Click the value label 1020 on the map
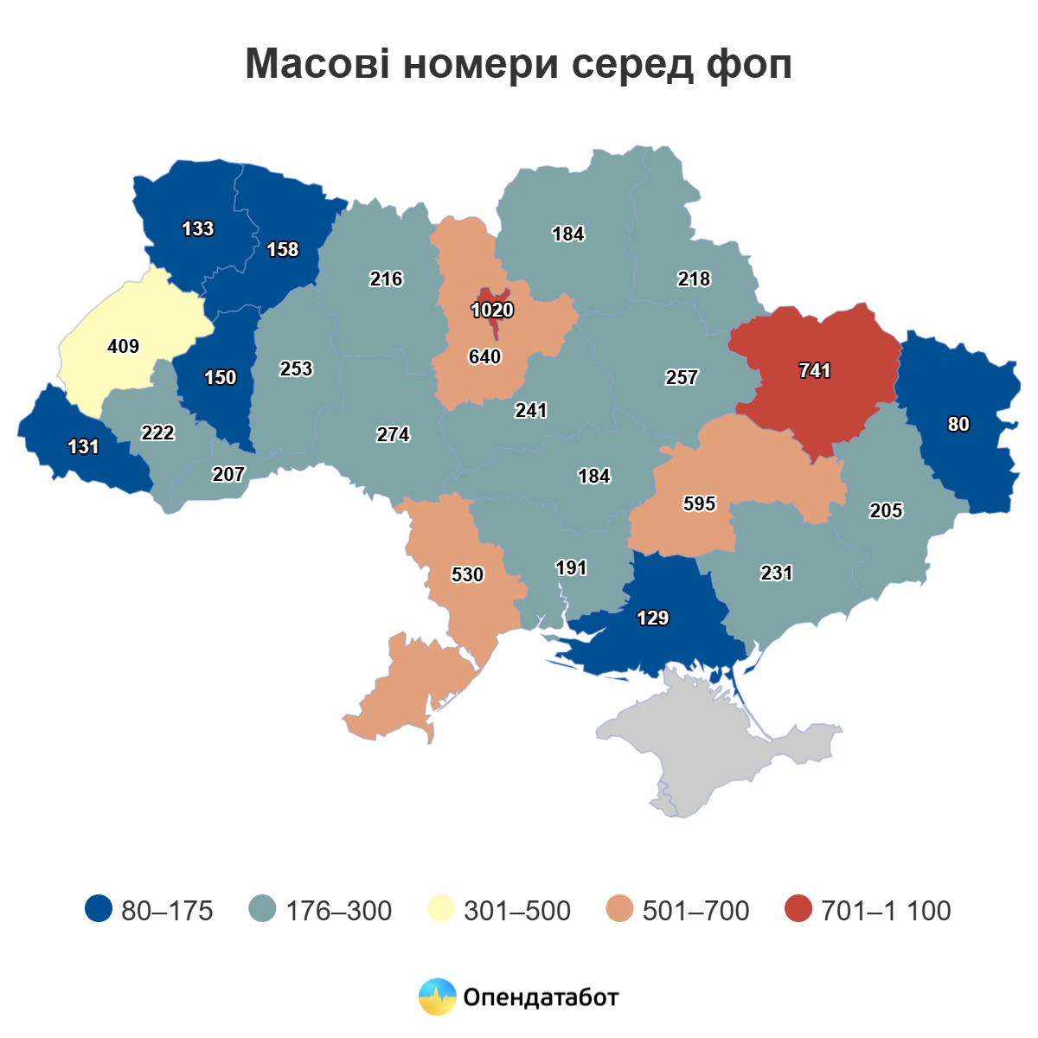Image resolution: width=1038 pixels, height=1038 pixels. point(492,311)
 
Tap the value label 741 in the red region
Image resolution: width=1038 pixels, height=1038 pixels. point(815,371)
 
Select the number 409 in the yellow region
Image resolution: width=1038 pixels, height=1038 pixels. point(124,346)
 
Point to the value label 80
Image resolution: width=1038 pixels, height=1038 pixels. point(958,424)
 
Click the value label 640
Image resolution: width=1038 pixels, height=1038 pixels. point(484,356)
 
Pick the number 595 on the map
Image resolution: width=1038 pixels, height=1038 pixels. point(699,503)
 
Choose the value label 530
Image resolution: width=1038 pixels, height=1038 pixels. point(468,574)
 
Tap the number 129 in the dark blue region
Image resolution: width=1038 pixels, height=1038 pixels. point(652,618)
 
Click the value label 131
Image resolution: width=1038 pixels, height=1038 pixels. point(84,446)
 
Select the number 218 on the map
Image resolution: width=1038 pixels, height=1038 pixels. point(694,279)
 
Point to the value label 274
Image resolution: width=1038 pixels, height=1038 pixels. point(393,434)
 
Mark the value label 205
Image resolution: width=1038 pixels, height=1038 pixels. point(886,510)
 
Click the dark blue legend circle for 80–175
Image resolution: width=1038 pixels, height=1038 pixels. point(99,909)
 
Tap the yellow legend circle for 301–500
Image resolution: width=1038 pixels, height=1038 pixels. point(441,909)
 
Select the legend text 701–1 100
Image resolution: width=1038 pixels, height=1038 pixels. point(886,911)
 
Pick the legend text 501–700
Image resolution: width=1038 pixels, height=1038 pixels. point(695,911)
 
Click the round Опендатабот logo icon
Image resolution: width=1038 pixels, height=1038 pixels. point(437,996)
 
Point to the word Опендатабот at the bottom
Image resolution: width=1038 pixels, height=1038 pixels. point(541,997)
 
